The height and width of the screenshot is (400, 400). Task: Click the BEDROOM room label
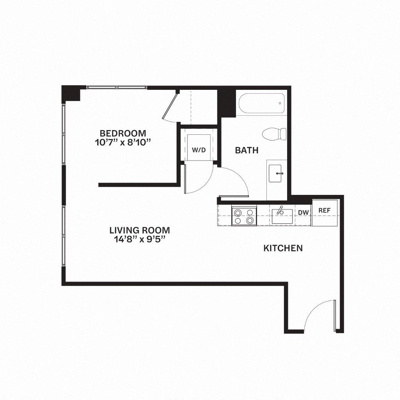pos(123,133)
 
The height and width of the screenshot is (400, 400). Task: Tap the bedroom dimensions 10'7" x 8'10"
pos(123,143)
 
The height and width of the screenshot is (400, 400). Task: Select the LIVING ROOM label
pos(139,230)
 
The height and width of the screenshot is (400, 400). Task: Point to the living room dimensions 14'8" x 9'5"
pos(139,239)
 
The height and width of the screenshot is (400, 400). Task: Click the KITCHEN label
pos(283,248)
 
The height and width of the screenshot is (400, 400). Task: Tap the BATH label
pos(246,150)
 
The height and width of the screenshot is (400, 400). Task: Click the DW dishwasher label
pos(304,212)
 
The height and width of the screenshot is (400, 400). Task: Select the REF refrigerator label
pos(324,210)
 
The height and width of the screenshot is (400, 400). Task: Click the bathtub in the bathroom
pos(261,104)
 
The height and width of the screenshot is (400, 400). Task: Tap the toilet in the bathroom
pos(274,134)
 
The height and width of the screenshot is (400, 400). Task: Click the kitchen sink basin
pos(282,217)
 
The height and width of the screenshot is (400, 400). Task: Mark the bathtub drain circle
pos(280,104)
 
